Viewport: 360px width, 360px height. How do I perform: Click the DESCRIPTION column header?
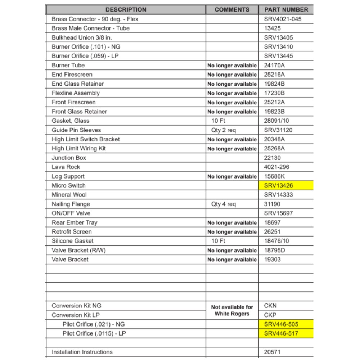point(126,10)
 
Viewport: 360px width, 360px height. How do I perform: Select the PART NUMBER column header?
point(286,10)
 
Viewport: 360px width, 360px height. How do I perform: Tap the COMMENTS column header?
point(232,10)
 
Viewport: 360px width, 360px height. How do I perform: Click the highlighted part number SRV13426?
point(278,186)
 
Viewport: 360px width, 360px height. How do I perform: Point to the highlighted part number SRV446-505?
point(281,324)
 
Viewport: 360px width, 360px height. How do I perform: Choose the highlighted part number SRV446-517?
point(281,333)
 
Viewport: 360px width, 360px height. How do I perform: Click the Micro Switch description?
point(69,186)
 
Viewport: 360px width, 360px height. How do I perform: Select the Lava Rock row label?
point(66,167)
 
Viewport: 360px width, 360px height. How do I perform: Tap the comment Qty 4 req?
point(224,204)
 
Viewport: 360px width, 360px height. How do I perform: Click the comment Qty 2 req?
point(224,130)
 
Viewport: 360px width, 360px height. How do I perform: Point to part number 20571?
point(272,352)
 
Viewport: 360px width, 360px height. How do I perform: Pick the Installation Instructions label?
point(82,352)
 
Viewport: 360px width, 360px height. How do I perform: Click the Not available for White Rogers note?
point(232,310)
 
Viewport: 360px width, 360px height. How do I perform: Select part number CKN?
point(270,306)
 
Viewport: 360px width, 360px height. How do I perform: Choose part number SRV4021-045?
point(283,19)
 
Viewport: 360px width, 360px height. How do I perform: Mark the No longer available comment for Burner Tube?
point(232,66)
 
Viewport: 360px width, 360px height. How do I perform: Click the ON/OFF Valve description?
point(71,213)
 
